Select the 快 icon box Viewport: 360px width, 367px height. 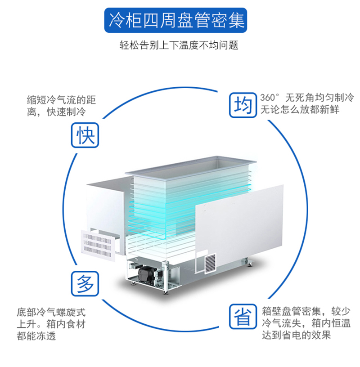[85, 134]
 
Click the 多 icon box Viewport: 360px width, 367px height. [85, 283]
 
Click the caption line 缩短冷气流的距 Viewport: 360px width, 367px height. [62, 100]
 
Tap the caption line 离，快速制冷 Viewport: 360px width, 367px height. [56, 112]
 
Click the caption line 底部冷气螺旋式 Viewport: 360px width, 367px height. [51, 312]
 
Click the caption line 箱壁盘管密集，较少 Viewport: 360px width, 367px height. [306, 311]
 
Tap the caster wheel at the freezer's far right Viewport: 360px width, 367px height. [246, 261]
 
